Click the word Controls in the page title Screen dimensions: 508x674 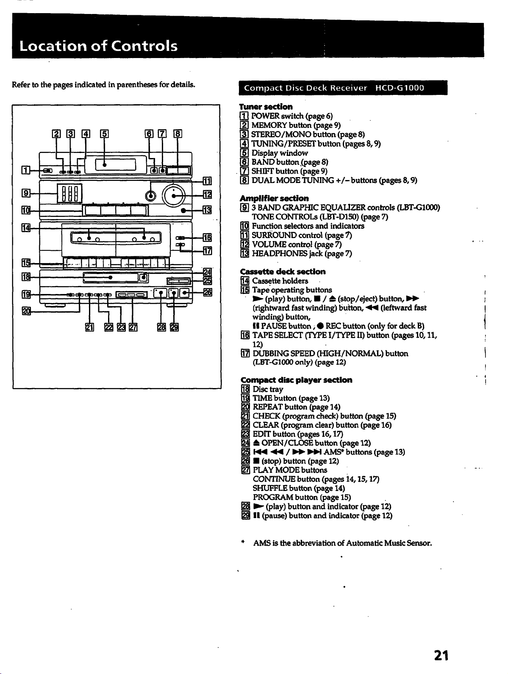144,46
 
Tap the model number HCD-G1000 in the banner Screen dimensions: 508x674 400,88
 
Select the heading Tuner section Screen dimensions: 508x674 266,107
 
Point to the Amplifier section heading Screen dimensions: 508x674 274,198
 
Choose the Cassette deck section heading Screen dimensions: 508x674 283,272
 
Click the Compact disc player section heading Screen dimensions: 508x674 296,380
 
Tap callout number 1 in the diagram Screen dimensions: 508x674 26,170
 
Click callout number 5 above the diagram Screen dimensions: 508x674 104,134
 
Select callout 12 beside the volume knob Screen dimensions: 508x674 208,194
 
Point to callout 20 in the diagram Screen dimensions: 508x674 26,311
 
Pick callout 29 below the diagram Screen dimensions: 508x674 174,327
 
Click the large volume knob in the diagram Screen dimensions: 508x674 174,196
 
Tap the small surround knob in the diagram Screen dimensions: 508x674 150,196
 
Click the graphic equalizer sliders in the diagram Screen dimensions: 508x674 69,193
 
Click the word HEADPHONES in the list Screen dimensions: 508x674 280,253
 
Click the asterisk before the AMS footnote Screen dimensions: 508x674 243,542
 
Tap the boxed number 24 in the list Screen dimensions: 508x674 245,443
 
